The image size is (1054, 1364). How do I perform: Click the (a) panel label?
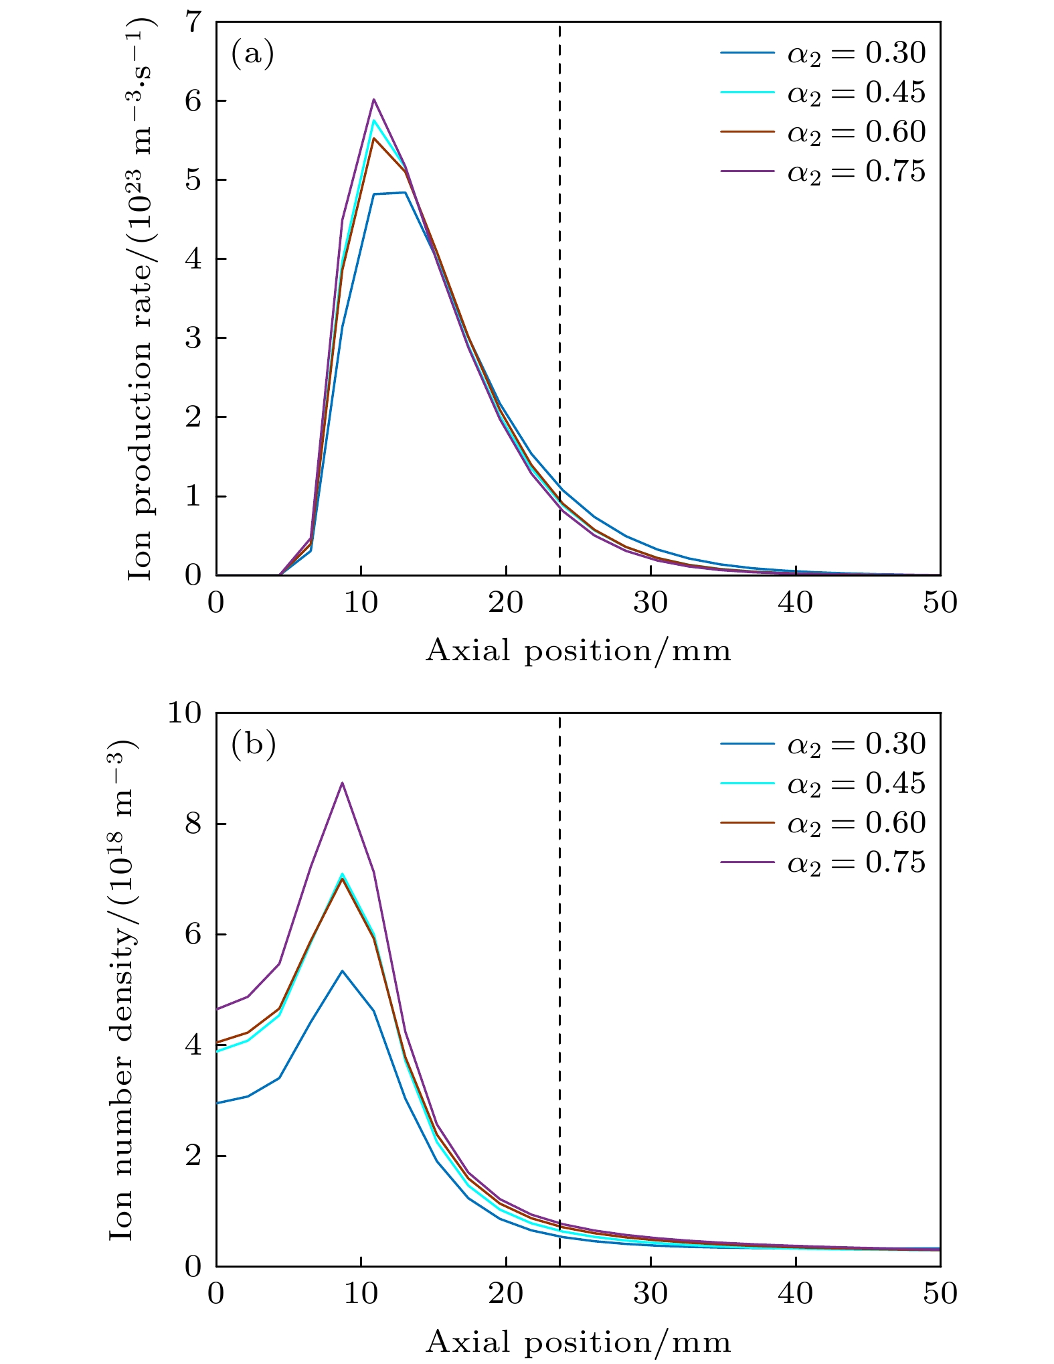[x=252, y=54]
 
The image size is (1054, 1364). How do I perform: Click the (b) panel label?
[x=253, y=745]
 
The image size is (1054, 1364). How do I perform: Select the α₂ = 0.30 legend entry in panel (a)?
[x=823, y=53]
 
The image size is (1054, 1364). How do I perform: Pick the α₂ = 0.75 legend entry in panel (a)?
[x=823, y=171]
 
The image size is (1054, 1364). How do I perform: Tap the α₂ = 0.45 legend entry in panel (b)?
[x=823, y=783]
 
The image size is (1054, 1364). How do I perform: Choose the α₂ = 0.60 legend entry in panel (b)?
[x=823, y=822]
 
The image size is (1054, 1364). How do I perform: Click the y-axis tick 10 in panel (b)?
[x=183, y=713]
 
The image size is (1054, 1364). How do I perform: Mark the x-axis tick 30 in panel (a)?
[x=650, y=603]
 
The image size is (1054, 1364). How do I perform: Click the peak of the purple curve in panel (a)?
[x=374, y=99]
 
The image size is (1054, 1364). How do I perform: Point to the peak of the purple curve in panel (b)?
[x=342, y=782]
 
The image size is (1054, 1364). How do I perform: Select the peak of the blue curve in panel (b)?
[x=342, y=970]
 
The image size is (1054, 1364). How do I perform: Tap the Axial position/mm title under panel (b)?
[x=578, y=1342]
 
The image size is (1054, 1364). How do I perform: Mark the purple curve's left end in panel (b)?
[x=217, y=1009]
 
